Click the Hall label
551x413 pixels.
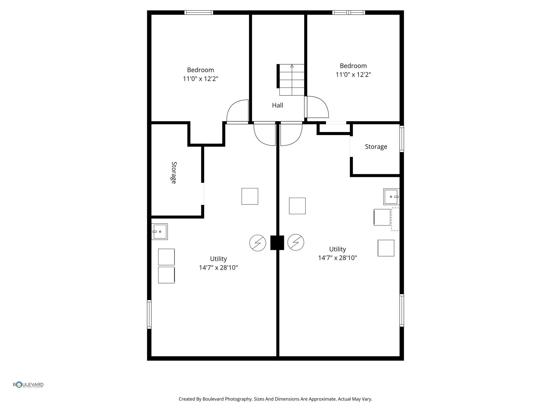point(277,105)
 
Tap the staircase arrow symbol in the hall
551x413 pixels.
point(292,66)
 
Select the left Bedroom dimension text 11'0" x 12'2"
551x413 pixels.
point(200,79)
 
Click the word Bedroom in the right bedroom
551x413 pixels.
point(353,66)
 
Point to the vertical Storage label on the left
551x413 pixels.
point(174,173)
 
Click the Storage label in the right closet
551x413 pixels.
point(376,147)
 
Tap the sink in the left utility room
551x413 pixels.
point(160,232)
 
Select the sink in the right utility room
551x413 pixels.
point(391,197)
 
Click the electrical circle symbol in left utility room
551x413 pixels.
point(257,243)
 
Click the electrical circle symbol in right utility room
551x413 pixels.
point(296,242)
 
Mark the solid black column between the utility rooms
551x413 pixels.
point(277,243)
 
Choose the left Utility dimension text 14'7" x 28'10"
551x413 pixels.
point(218,268)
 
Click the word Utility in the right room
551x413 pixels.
point(337,249)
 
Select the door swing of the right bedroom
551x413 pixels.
point(317,107)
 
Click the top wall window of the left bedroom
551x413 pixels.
point(199,13)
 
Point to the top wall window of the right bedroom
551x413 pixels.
point(348,13)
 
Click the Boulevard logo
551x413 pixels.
point(28,385)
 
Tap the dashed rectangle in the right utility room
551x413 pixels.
point(395,219)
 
